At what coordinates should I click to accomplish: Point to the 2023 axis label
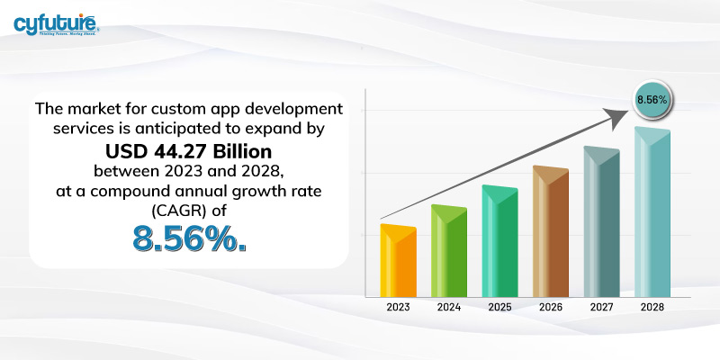click(x=398, y=308)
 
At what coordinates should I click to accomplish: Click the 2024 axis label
click(x=449, y=308)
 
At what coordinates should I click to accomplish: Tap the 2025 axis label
click(x=499, y=308)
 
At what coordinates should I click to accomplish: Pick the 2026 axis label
click(x=551, y=308)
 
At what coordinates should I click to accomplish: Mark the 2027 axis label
click(x=601, y=308)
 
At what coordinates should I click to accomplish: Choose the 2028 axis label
click(x=652, y=308)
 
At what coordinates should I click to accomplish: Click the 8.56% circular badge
click(x=652, y=99)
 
